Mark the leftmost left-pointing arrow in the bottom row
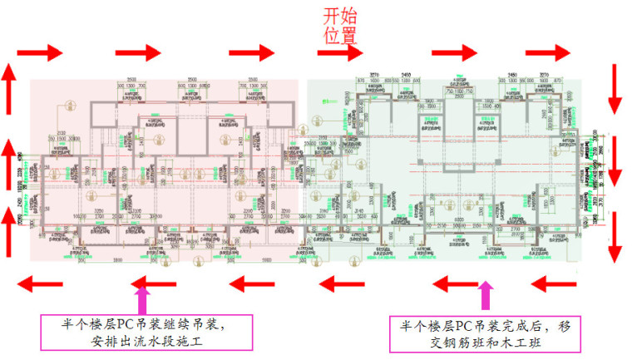click(x=42, y=285)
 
